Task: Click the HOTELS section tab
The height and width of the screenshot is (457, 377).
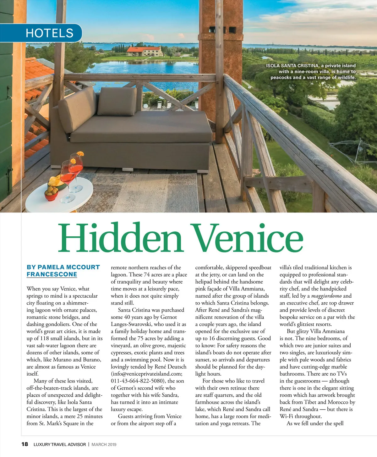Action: pyautogui.click(x=49, y=33)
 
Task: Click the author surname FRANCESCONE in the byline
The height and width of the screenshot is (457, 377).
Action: pyautogui.click(x=52, y=274)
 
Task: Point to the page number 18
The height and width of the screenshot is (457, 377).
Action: pyautogui.click(x=25, y=444)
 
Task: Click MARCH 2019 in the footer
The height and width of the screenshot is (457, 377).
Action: pyautogui.click(x=104, y=444)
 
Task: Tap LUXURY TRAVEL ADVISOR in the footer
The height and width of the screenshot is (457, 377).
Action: pyautogui.click(x=59, y=444)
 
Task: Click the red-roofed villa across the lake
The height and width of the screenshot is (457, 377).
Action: pyautogui.click(x=145, y=51)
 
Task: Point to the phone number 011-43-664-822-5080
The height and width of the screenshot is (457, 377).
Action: pyautogui.click(x=138, y=381)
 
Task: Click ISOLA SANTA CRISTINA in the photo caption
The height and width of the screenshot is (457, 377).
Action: pyautogui.click(x=292, y=66)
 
